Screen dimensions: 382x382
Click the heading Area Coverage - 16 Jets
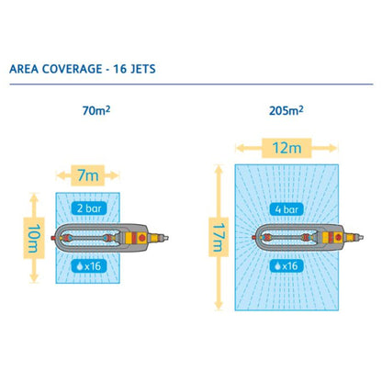pos(83,69)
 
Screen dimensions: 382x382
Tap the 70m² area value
pos(96,110)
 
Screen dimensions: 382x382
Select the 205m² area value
pos(286,110)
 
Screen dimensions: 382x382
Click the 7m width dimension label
pos(88,175)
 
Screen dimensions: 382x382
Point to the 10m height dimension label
pos(34,238)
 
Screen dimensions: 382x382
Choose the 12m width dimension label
pos(286,148)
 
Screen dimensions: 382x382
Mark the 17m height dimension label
pos(219,237)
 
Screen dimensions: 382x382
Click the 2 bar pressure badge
pos(89,208)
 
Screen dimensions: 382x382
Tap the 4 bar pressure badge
pos(286,209)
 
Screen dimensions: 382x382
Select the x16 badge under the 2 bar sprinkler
pos(89,266)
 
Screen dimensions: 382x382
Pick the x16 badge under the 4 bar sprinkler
pos(286,266)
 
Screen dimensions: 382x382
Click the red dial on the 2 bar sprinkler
pos(141,238)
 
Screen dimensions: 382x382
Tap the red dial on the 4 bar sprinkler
pos(338,237)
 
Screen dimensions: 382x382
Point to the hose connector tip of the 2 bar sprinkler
pos(165,238)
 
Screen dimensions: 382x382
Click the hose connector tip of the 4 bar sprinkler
pos(360,237)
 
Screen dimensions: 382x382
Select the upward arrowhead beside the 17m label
pos(219,169)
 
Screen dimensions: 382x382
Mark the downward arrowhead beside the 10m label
pos(34,277)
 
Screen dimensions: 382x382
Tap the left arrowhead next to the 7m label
pos(61,175)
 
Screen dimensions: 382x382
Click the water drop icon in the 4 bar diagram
pos(277,266)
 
